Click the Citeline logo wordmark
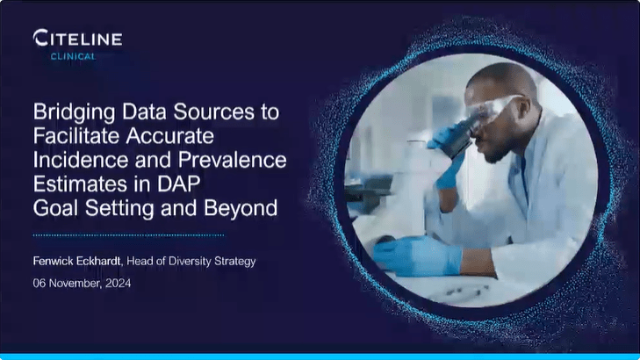click(77, 38)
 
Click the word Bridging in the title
click(71, 112)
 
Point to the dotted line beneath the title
click(128, 235)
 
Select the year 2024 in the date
click(117, 283)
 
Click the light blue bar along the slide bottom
click(320, 356)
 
